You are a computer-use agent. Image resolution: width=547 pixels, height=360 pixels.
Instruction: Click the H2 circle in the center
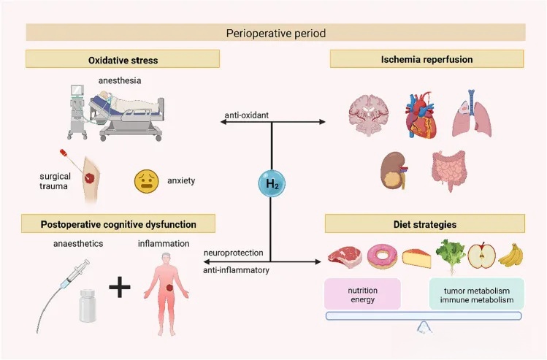[272, 183]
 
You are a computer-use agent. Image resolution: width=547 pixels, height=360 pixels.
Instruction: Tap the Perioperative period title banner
[275, 33]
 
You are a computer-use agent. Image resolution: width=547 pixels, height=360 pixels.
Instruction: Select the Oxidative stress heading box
[123, 59]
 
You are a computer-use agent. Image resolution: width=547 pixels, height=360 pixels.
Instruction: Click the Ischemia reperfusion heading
[426, 59]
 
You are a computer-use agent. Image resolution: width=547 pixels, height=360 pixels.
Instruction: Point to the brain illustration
[369, 115]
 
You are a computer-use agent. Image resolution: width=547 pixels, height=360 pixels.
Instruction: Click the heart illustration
[421, 116]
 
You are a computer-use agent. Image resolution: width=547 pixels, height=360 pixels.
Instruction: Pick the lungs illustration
[472, 114]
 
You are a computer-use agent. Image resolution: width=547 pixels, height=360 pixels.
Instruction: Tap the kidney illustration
[394, 171]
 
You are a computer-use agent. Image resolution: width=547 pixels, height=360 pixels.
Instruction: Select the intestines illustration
[448, 170]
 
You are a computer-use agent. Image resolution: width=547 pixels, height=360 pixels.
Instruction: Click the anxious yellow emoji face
[147, 181]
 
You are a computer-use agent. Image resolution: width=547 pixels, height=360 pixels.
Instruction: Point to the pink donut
[382, 256]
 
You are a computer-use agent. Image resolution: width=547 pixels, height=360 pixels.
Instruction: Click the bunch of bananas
[510, 255]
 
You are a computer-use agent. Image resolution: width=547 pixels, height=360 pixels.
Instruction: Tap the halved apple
[481, 255]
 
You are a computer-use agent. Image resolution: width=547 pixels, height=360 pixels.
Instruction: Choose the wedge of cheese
[416, 258]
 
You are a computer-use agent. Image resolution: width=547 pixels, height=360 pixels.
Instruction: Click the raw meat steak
[345, 257]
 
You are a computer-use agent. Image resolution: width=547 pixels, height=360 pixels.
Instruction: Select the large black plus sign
[120, 288]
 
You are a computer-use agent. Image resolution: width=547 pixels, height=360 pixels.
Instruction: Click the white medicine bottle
[87, 305]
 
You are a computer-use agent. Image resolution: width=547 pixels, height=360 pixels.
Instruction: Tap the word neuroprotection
[234, 253]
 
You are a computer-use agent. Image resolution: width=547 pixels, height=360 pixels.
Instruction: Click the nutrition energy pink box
[362, 294]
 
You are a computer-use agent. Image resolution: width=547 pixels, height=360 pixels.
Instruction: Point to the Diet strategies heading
[425, 224]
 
